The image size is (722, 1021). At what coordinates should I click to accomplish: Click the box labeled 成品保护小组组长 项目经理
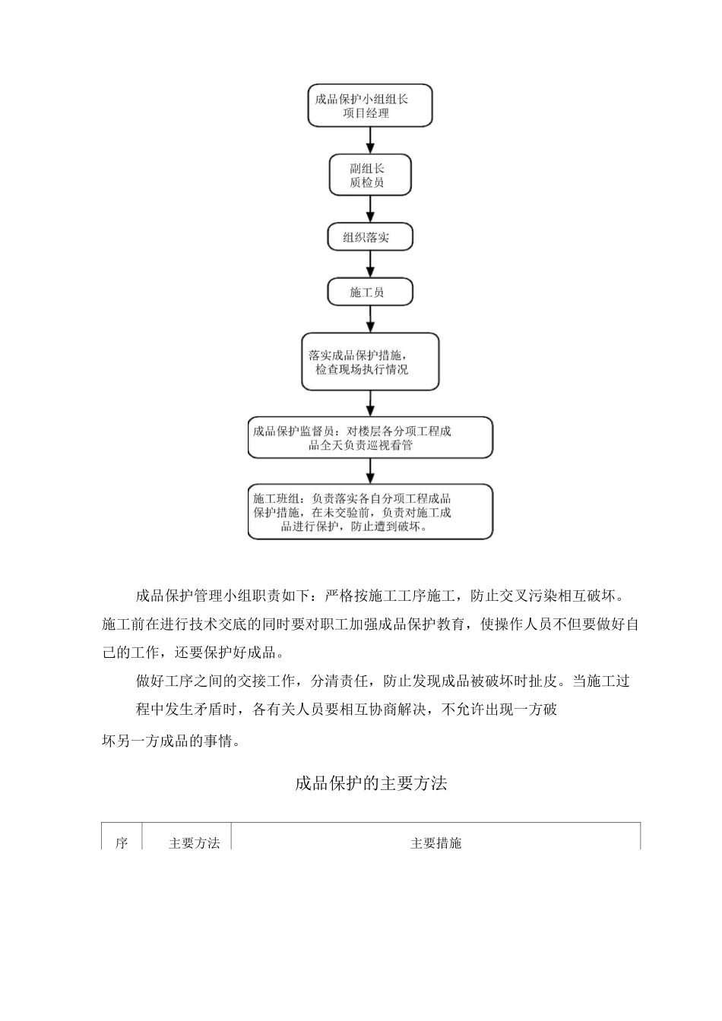(369, 106)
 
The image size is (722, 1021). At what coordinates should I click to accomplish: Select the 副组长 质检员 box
(369, 175)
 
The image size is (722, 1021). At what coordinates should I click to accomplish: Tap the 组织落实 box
(369, 237)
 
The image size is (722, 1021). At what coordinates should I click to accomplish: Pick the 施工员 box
(369, 292)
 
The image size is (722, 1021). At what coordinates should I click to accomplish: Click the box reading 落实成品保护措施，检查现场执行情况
(369, 362)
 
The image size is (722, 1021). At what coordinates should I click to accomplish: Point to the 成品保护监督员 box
(369, 438)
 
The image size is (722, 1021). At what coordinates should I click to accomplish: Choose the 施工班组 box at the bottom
(369, 512)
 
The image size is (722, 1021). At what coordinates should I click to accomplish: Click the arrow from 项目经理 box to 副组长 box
(370, 141)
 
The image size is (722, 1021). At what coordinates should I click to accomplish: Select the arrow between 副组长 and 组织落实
(370, 209)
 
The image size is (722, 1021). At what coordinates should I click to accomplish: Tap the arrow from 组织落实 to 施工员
(370, 264)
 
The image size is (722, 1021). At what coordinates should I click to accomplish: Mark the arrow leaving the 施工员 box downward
(370, 319)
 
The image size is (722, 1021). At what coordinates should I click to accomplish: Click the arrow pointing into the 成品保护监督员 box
(370, 403)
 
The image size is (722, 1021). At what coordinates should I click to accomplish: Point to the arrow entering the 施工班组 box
(370, 471)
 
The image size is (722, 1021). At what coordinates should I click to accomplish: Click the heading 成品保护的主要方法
(370, 783)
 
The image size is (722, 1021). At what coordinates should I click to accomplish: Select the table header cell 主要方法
(194, 842)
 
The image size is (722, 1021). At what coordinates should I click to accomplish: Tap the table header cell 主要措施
(435, 842)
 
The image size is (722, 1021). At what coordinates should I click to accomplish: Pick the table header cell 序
(122, 842)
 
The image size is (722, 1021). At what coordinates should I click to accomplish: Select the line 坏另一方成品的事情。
(171, 741)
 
